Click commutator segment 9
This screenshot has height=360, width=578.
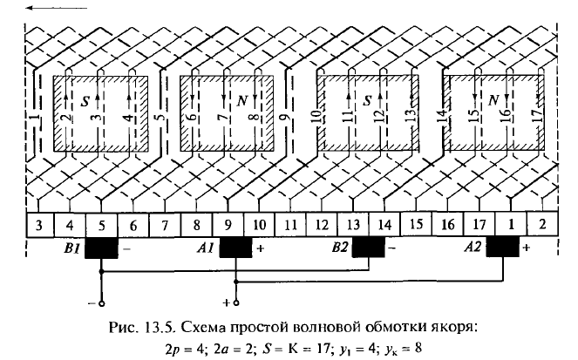click(x=228, y=224)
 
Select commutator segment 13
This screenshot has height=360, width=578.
click(x=353, y=224)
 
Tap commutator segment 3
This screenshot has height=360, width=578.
click(x=39, y=224)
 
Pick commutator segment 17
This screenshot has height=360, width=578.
click(x=479, y=224)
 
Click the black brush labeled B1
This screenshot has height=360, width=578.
click(x=101, y=248)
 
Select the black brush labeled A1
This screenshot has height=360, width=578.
click(x=236, y=248)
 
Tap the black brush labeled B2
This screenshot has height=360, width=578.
click(x=369, y=248)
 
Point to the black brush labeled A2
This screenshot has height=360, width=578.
click(x=503, y=248)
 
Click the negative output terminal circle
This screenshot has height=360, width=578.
click(x=102, y=303)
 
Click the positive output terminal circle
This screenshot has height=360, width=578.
click(x=236, y=302)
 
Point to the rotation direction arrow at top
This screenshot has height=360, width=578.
click(x=57, y=7)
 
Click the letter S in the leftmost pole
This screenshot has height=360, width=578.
click(x=85, y=101)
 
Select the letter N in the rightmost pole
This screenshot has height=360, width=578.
click(x=493, y=100)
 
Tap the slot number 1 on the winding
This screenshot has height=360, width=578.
click(x=34, y=119)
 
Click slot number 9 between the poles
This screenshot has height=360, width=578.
click(x=284, y=118)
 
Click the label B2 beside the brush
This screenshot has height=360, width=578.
click(x=340, y=247)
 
